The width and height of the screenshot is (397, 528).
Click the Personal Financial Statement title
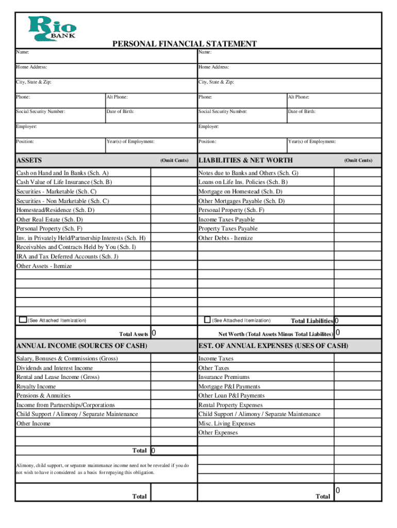tap(184, 44)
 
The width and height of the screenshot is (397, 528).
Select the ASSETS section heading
tap(29, 160)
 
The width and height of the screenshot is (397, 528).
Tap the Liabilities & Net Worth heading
tap(245, 160)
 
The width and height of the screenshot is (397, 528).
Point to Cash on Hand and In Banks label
tap(62, 173)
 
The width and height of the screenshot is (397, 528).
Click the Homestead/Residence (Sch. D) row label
tap(55, 210)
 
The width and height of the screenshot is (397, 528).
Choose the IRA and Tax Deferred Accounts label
tap(67, 257)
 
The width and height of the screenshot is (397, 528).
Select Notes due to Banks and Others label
tap(248, 173)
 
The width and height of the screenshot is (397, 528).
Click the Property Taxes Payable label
tap(228, 229)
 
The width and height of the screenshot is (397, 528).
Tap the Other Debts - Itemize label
tap(225, 238)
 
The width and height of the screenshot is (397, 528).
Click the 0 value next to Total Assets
tap(154, 334)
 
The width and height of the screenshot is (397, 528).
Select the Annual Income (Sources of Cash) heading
tap(82, 345)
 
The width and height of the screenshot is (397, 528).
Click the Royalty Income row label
tap(36, 387)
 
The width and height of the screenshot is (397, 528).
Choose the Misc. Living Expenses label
tap(226, 424)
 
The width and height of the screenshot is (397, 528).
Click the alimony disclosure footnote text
tap(102, 469)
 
